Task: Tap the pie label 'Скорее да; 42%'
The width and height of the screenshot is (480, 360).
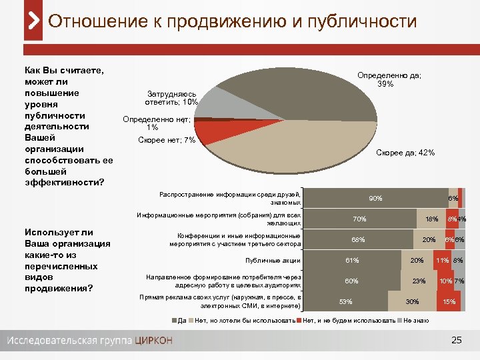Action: pyautogui.click(x=405, y=153)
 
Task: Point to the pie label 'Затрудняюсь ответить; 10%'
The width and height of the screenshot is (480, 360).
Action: pyautogui.click(x=171, y=98)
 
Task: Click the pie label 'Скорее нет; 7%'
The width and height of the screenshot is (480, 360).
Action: pyautogui.click(x=166, y=139)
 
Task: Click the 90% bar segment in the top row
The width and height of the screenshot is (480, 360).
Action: pyautogui.click(x=375, y=198)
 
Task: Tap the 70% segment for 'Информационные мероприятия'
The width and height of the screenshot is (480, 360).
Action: pyautogui.click(x=360, y=219)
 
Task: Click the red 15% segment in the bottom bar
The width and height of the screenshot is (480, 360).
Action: pyautogui.click(x=449, y=301)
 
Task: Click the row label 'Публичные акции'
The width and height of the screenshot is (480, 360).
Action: pyautogui.click(x=273, y=260)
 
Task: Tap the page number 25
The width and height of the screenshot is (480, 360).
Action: pyautogui.click(x=457, y=341)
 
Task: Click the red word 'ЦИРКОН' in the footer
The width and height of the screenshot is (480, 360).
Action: pyautogui.click(x=154, y=341)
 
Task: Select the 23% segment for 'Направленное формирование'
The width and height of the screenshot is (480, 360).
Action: pyautogui.click(x=419, y=281)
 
